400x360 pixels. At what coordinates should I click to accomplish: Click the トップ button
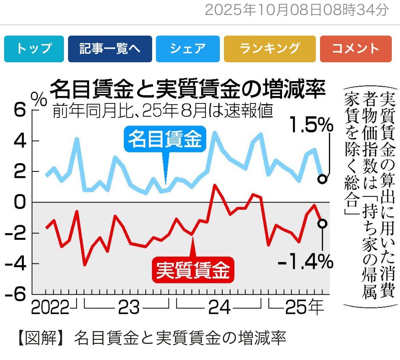(x=34, y=49)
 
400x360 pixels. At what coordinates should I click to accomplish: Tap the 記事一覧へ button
(x=110, y=49)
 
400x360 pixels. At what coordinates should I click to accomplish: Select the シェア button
(x=187, y=49)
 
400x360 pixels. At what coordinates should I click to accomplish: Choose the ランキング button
(x=270, y=49)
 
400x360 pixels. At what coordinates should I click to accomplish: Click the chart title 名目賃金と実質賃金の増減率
(x=188, y=90)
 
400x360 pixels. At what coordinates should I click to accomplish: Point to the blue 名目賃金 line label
(x=165, y=139)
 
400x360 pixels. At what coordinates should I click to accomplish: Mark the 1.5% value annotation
(x=311, y=126)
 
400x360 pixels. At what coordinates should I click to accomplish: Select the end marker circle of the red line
(x=322, y=223)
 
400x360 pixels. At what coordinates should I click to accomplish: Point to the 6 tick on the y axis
(x=20, y=111)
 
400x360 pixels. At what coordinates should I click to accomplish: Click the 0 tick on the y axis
(x=20, y=202)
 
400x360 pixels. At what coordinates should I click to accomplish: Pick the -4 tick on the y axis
(x=15, y=263)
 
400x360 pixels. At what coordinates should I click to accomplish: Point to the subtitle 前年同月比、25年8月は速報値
(x=163, y=111)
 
